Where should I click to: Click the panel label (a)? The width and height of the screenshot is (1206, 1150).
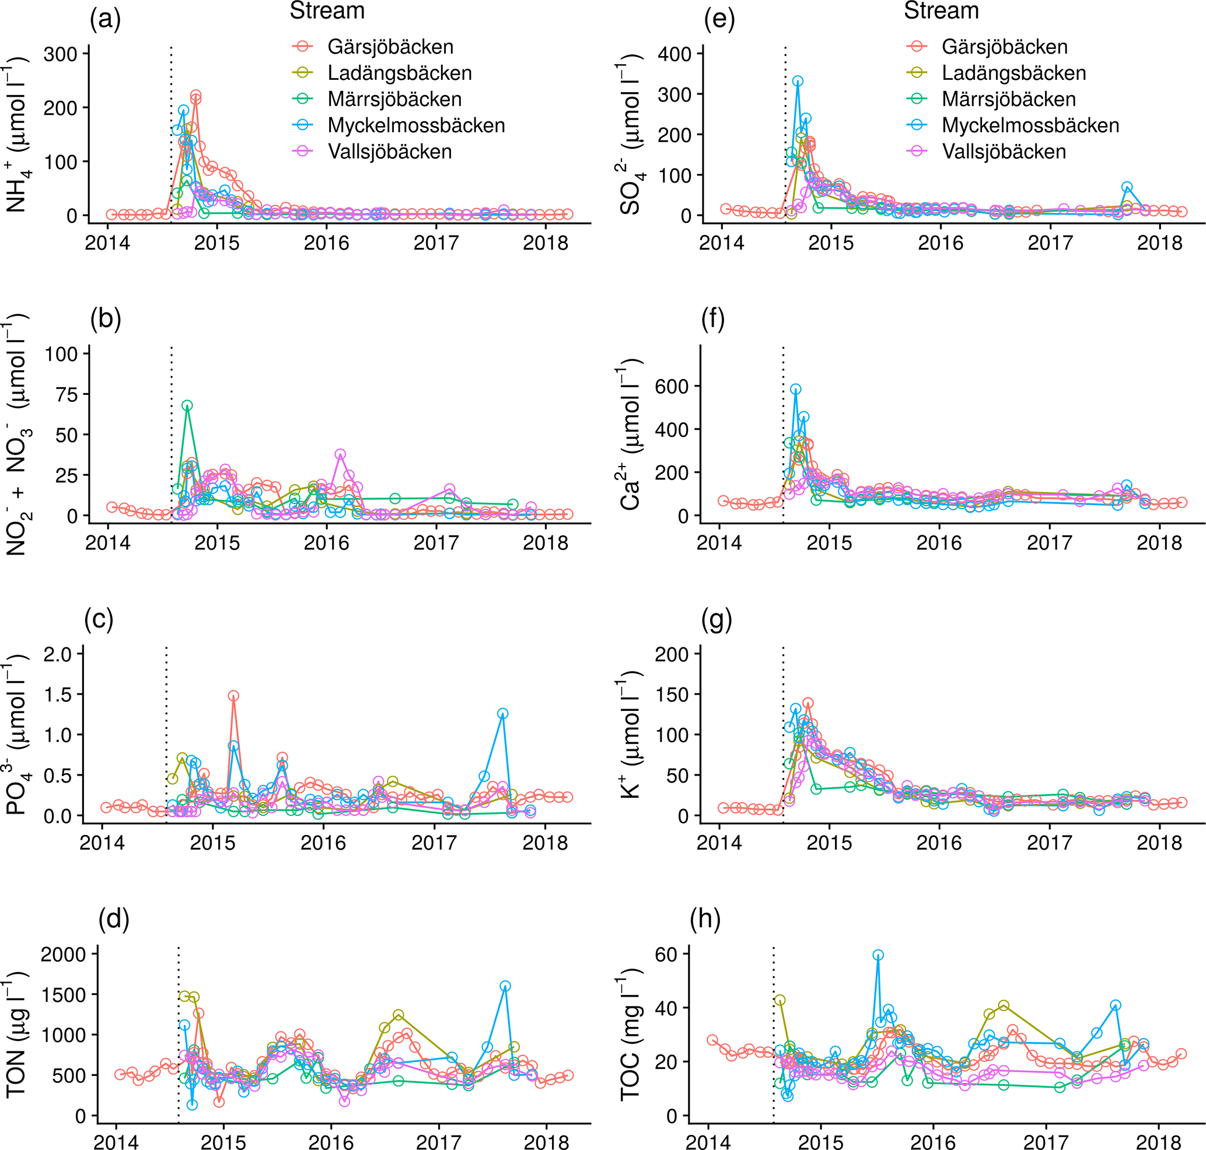(x=105, y=20)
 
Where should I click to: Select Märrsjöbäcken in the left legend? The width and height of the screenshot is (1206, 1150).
(x=394, y=99)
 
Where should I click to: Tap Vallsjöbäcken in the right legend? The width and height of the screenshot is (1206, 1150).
(x=1004, y=152)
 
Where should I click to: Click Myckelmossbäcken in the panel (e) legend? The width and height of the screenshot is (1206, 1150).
(x=1030, y=125)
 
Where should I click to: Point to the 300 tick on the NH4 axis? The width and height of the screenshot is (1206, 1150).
(x=60, y=55)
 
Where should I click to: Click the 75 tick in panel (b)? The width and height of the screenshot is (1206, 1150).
(x=67, y=395)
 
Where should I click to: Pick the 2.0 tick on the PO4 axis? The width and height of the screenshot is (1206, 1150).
(x=58, y=654)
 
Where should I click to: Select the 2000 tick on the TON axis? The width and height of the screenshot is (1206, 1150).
(x=63, y=955)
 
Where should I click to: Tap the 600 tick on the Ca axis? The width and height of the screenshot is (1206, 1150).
(x=672, y=386)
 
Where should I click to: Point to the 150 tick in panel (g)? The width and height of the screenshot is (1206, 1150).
(x=672, y=695)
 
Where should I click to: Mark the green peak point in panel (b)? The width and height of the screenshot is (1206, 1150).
(x=187, y=405)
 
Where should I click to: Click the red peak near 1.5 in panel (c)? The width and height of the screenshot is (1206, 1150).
(x=233, y=696)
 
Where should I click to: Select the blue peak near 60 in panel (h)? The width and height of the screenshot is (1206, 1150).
(x=878, y=955)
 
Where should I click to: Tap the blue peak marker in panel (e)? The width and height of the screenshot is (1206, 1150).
(x=798, y=81)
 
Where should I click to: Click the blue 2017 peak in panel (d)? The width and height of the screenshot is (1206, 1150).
(x=505, y=986)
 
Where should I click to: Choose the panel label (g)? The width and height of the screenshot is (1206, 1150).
(x=716, y=620)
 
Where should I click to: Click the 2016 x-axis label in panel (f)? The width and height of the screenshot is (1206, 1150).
(x=939, y=543)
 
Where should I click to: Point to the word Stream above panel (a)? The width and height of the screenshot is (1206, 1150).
(x=327, y=10)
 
